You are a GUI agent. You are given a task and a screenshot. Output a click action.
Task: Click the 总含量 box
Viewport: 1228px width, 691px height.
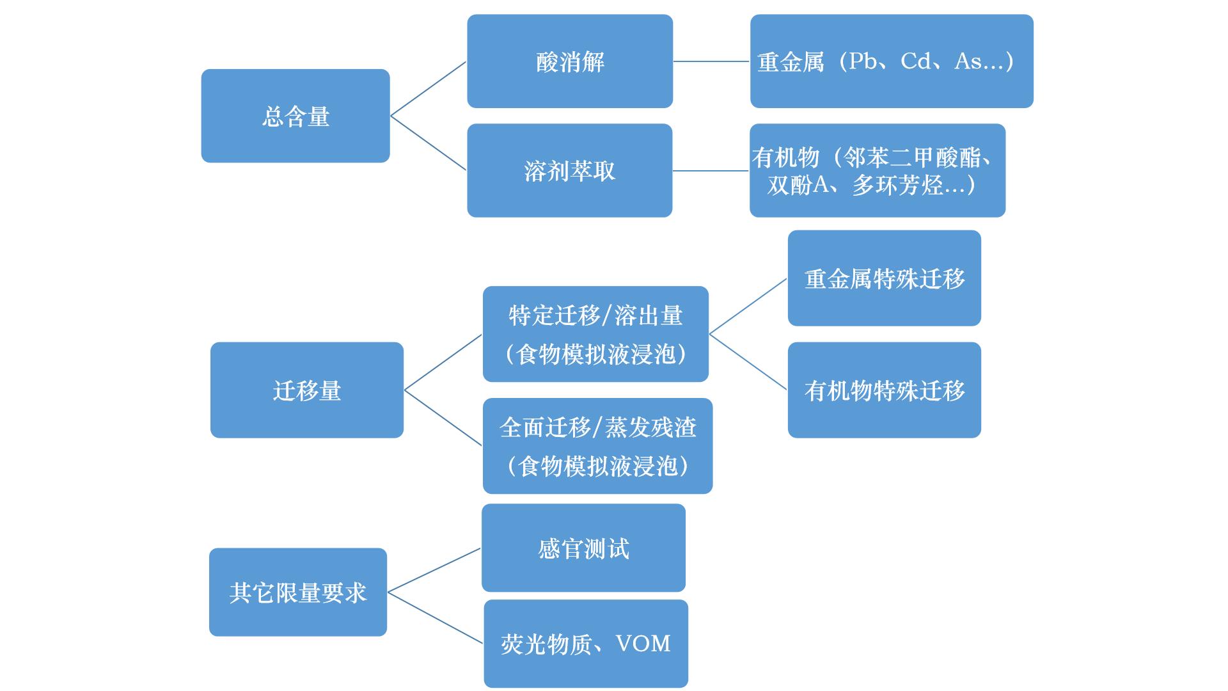click(x=295, y=116)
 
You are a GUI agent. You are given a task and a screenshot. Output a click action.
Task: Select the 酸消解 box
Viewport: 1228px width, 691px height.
click(x=570, y=61)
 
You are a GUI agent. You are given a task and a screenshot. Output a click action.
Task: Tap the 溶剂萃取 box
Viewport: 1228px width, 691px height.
click(x=569, y=170)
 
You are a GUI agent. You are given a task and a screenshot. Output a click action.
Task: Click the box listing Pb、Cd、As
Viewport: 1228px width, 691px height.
click(x=892, y=61)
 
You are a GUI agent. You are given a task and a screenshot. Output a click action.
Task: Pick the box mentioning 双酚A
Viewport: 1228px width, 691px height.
click(x=878, y=170)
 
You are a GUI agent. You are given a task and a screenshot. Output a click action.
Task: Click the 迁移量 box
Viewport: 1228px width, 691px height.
click(x=307, y=390)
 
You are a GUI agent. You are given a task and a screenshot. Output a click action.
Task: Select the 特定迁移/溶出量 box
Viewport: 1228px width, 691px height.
click(x=595, y=334)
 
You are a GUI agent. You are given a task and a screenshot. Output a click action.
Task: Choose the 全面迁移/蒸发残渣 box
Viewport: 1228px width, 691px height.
click(x=597, y=446)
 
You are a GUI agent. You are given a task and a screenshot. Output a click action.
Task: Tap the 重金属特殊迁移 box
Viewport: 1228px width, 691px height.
click(x=884, y=278)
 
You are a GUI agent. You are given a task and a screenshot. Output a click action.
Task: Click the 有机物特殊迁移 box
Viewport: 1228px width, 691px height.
click(x=884, y=390)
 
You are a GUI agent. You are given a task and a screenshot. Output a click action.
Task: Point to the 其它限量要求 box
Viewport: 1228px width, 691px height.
click(x=298, y=592)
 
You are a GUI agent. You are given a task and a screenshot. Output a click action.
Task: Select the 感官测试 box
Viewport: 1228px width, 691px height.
click(x=583, y=548)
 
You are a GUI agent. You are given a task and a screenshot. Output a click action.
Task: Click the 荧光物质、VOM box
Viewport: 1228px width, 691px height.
click(x=586, y=644)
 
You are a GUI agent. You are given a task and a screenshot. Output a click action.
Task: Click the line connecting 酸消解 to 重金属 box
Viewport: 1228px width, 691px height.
click(x=711, y=61)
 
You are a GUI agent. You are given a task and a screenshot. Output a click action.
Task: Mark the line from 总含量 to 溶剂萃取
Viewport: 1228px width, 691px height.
click(x=429, y=143)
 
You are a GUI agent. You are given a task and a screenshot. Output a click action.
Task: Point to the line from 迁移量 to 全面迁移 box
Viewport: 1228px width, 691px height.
click(x=443, y=417)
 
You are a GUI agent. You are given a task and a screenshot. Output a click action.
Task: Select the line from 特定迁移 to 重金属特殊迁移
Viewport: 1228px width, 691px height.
click(x=748, y=306)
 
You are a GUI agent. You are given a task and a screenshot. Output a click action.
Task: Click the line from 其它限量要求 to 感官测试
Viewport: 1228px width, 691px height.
click(x=434, y=570)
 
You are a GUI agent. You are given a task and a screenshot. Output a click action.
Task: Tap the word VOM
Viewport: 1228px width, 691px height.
click(x=643, y=643)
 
